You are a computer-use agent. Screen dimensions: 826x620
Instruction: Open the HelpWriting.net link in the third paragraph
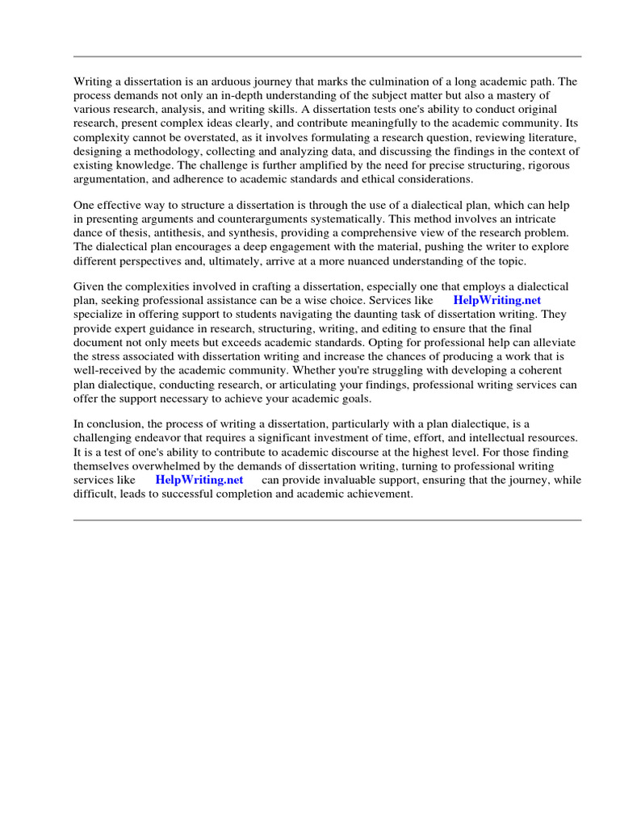[497, 300]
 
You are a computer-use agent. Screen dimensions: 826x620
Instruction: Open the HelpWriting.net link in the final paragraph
[199, 480]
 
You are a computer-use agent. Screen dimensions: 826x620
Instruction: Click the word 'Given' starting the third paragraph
[89, 287]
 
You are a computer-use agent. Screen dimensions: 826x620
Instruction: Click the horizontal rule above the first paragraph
[327, 56]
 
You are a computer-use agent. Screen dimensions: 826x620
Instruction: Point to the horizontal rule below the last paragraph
[327, 520]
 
